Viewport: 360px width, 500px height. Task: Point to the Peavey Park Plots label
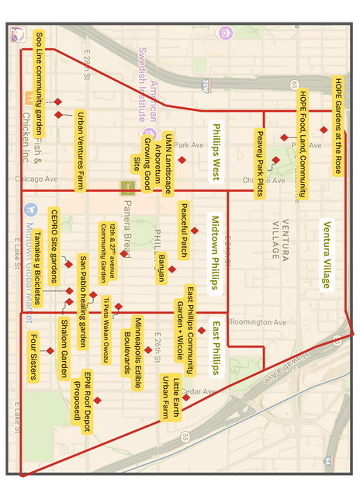point(260,164)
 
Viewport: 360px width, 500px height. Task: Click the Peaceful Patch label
point(184,231)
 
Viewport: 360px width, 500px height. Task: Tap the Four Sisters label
point(33,356)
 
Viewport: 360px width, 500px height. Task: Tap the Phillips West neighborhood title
point(217,154)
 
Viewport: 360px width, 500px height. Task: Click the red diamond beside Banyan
point(172,269)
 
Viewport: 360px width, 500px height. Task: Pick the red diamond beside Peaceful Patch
point(196,231)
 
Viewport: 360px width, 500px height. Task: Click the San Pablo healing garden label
point(83,299)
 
